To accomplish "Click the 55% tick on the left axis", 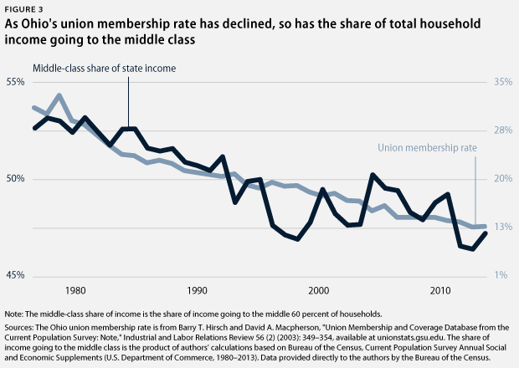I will pos(17,82).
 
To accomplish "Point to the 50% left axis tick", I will pos(17,179).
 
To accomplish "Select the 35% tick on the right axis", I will pos(503,82).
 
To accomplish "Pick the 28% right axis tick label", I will pos(503,130).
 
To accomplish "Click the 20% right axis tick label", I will pos(503,179).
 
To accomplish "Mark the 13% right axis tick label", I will pos(503,227).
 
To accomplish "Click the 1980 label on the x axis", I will pos(76,291).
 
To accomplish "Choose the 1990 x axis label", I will pos(198,291).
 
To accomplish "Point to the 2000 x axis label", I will pos(318,291).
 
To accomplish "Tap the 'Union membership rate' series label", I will pos(427,148).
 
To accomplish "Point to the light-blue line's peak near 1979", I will pos(59,95).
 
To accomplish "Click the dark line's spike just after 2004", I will pos(372,175).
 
